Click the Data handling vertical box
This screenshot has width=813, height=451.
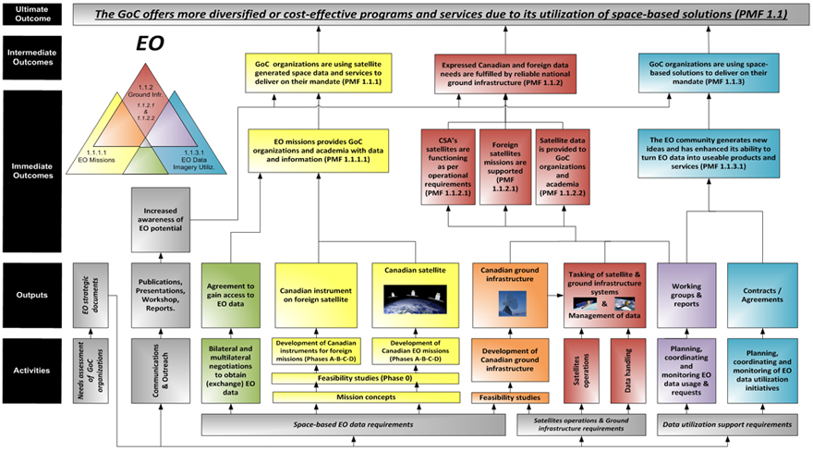coord(628,370)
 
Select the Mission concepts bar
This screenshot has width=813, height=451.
coord(367,397)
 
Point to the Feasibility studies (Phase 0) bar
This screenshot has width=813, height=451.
coord(367,379)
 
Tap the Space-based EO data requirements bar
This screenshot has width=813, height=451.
coord(353,423)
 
